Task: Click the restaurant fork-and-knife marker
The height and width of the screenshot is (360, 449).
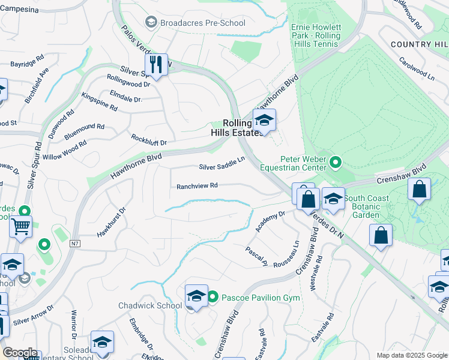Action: pos(156,65)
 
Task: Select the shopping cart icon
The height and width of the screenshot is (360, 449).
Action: pos(20,227)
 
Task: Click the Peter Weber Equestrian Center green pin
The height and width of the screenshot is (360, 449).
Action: pos(336,161)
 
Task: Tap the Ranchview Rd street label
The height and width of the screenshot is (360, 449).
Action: pos(196,186)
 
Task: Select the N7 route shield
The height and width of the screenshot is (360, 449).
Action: pos(74,244)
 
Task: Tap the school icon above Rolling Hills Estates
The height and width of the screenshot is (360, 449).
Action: pos(264,121)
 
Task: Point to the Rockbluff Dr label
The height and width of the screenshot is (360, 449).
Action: pos(149,139)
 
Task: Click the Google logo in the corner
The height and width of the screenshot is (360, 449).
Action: pos(20,353)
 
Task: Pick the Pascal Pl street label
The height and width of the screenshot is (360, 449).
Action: pos(256,256)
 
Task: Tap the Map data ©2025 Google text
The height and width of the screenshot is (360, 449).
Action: pos(411,355)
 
